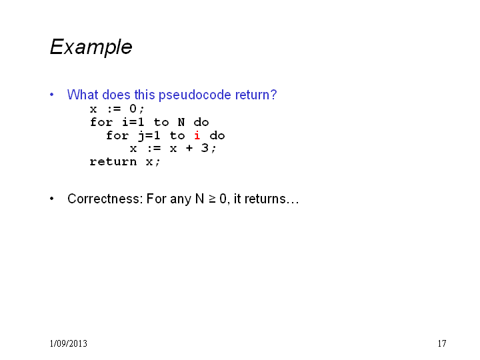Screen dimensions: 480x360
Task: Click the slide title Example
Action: (91, 47)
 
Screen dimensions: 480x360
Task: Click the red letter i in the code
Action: (197, 135)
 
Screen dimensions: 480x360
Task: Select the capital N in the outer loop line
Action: (181, 122)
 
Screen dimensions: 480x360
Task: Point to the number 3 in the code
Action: (205, 148)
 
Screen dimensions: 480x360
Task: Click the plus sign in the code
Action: (189, 149)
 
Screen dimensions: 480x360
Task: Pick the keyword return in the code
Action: (113, 161)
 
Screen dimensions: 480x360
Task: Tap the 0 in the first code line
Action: (133, 109)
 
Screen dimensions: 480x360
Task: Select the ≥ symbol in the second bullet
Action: (212, 199)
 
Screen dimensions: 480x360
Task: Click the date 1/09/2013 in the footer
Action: (68, 343)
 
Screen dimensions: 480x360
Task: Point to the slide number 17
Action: (442, 343)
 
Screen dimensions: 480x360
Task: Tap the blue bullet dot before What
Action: (52, 95)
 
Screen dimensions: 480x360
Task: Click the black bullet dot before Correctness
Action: (52, 199)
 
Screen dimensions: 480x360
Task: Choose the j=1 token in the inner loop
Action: (149, 135)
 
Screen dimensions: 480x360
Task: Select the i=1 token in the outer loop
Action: (133, 122)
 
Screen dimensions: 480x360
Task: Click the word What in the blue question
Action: (83, 95)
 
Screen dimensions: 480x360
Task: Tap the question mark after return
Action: (273, 95)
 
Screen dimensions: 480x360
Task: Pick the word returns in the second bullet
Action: (265, 199)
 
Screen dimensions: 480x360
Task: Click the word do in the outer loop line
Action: (201, 122)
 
